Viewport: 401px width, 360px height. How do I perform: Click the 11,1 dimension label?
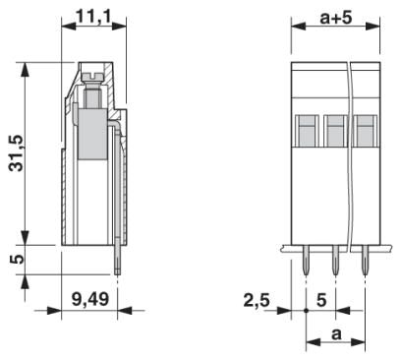point(94,16)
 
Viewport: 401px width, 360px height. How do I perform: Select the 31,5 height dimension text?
point(17,153)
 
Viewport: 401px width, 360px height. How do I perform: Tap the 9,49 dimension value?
point(90,299)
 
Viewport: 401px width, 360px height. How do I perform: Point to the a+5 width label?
point(336,18)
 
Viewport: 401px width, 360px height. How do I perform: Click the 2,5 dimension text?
point(257,300)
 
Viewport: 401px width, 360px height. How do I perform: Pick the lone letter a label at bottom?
point(336,334)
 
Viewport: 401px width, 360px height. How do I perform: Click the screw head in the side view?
point(93,78)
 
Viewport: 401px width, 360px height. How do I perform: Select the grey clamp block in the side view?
point(92,135)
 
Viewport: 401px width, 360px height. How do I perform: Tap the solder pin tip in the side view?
point(117,271)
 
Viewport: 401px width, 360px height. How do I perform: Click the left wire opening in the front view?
point(308,131)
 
